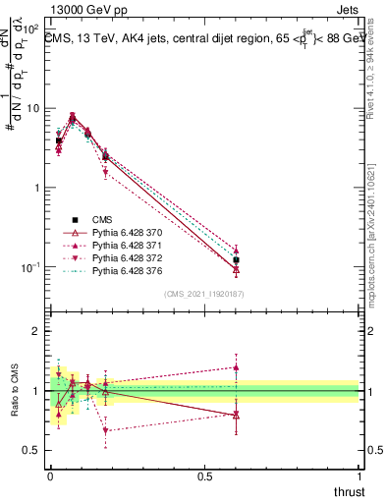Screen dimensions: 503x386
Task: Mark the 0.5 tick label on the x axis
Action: click(x=204, y=476)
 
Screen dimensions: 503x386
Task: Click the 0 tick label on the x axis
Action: click(x=49, y=476)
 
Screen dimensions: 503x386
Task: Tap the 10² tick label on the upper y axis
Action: click(x=29, y=28)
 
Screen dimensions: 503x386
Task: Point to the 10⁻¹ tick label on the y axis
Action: click(x=29, y=267)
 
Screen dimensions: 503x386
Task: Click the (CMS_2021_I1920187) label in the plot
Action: click(x=205, y=294)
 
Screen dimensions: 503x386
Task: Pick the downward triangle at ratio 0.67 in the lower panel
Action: click(x=105, y=430)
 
